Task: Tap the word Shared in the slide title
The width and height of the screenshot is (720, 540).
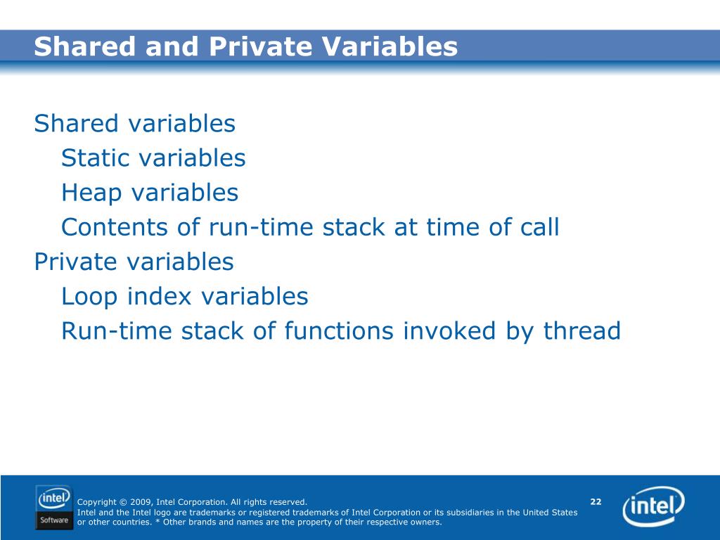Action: pos(85,46)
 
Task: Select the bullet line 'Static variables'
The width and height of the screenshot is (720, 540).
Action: pos(153,158)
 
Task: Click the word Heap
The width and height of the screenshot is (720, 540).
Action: pos(91,193)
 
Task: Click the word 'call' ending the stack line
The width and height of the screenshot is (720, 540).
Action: pos(539,227)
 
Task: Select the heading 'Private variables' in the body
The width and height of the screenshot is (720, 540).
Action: pos(134,262)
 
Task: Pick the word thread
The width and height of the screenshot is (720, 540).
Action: pos(581,330)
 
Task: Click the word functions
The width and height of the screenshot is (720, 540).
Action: pos(339,330)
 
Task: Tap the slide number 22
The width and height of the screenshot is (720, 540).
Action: pos(596,501)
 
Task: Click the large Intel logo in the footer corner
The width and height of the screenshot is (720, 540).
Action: pos(653,506)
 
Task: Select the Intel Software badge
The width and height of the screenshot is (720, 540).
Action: pos(54,508)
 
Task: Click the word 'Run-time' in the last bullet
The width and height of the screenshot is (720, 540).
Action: pos(116,330)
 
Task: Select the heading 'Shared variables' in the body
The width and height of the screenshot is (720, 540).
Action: pos(134,124)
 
